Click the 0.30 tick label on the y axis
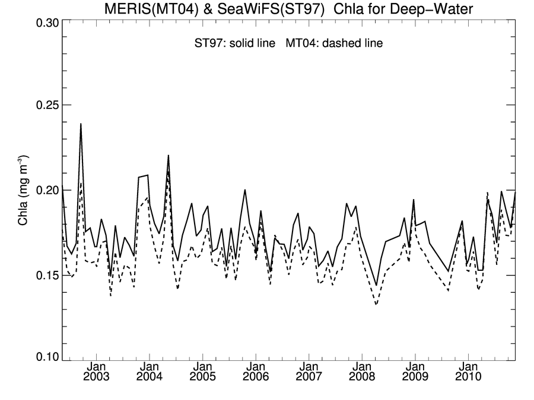point(43,23)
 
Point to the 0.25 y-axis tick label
point(43,105)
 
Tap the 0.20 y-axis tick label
point(43,190)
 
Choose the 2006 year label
point(256,376)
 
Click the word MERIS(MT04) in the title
point(145,8)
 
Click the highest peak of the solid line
point(81,124)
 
